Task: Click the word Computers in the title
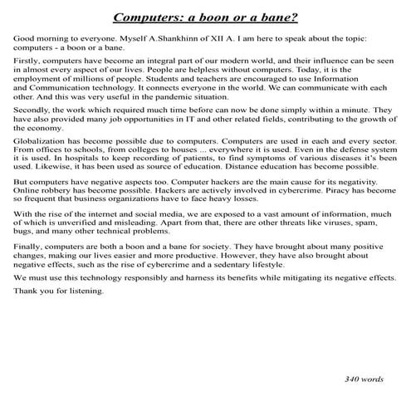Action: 144,17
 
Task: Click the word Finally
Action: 28,271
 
